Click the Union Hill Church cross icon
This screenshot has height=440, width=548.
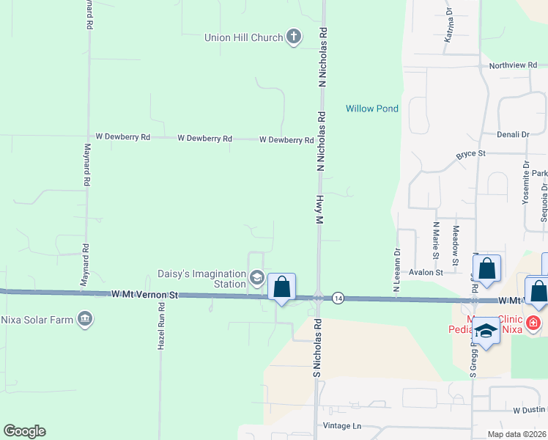293,37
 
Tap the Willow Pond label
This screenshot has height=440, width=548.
372,109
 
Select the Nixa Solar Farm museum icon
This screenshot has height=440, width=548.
85,319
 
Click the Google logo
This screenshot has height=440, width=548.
24,431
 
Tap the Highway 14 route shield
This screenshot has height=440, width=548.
338,298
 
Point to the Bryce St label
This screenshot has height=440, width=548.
470,155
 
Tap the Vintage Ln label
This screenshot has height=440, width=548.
342,425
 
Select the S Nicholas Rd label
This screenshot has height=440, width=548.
317,348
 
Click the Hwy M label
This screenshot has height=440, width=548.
319,210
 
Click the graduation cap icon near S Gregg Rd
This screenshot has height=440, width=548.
485,333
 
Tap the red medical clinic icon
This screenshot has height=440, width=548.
534,323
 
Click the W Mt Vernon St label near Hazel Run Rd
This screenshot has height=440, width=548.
145,294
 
